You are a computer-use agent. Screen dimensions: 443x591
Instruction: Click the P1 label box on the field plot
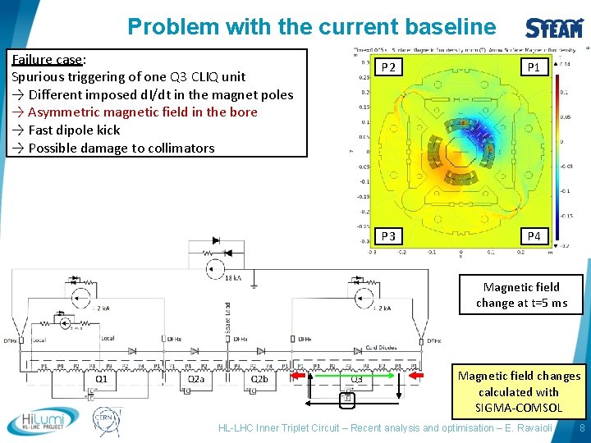tap(534, 67)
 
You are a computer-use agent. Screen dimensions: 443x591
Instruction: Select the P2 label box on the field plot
tap(389, 67)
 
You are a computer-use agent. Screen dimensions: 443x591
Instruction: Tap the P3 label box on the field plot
tap(389, 236)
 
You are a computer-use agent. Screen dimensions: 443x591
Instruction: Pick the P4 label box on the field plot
tap(534, 236)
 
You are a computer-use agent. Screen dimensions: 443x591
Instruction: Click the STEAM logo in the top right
tap(554, 26)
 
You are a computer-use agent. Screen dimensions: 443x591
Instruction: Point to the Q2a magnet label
tap(195, 379)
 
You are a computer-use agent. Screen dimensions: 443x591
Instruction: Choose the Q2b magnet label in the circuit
tap(259, 379)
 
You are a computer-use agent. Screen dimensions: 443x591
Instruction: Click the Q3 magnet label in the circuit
tap(356, 379)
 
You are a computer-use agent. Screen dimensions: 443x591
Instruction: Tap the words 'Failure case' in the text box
tap(47, 59)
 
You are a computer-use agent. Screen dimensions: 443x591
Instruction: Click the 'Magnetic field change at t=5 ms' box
tap(521, 295)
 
